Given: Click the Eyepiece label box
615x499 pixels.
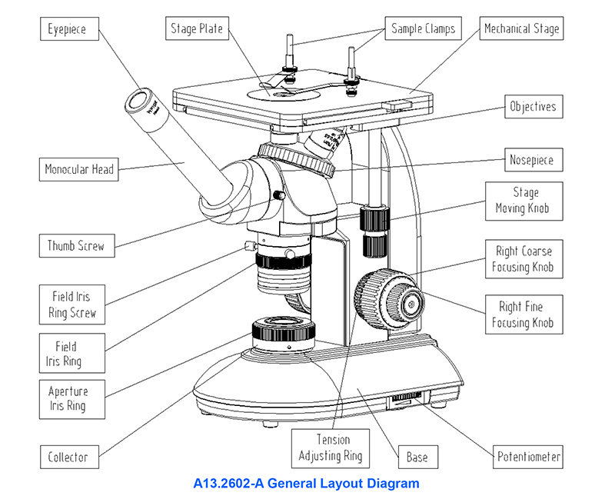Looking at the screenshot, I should point(67,31).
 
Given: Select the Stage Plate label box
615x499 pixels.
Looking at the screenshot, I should point(196,29).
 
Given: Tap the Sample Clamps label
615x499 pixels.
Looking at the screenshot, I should point(423,29).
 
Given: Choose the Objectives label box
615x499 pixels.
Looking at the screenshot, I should point(533,107).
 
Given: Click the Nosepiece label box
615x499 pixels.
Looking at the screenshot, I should point(531,161).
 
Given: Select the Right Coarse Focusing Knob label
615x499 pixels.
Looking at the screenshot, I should point(522,259).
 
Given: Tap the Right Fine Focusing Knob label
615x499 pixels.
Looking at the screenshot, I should point(522,314).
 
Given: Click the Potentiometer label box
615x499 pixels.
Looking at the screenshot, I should point(527,457).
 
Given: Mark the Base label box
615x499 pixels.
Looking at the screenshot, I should point(417,457).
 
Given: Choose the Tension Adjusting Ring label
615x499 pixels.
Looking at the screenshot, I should point(331,448).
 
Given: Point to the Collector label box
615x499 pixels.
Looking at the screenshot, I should point(68,457).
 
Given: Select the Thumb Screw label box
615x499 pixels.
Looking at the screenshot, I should point(75,247).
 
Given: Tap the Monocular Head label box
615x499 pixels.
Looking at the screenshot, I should point(79,170).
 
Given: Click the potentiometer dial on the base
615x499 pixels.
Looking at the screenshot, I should point(404,398).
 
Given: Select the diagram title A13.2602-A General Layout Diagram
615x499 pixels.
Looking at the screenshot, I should point(307,484).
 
